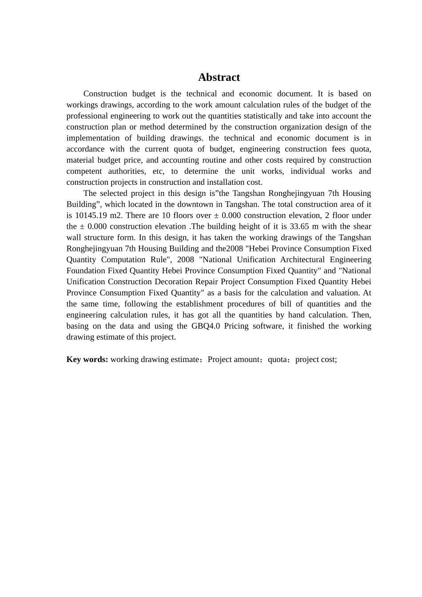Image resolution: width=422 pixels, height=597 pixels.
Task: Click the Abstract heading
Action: pos(219,77)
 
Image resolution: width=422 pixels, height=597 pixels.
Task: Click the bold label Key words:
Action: pos(87,359)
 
